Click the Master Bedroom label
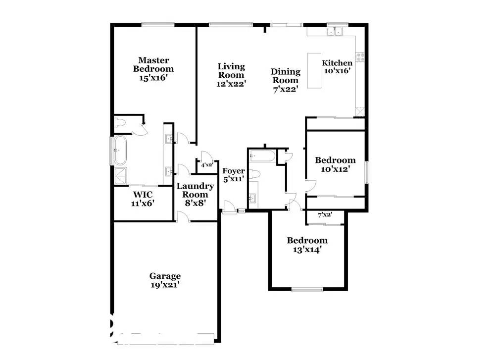155,64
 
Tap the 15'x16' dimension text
155,78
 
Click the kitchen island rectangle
313,70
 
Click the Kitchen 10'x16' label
337,66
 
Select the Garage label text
165,276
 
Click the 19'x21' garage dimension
165,285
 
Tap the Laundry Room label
196,191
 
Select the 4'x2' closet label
206,165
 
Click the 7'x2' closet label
324,214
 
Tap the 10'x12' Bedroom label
335,164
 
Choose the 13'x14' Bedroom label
307,245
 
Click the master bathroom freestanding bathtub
120,150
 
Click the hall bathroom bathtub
260,156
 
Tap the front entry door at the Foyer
229,207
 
